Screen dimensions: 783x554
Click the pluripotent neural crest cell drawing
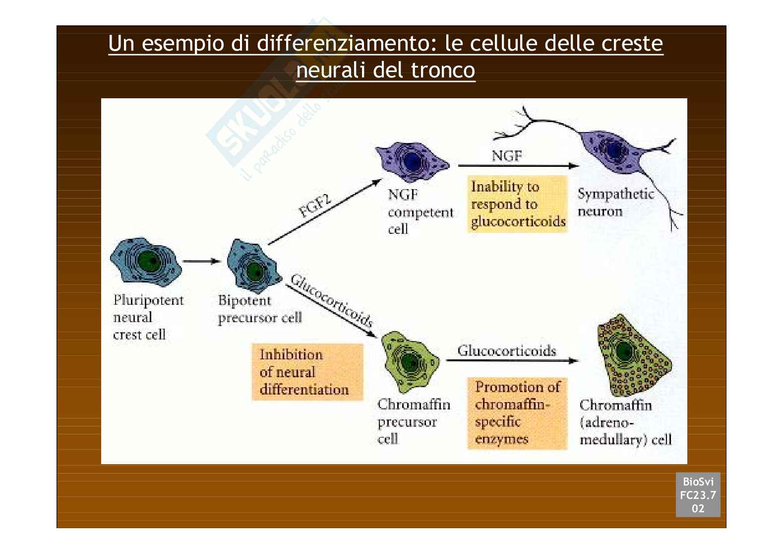point(146,260)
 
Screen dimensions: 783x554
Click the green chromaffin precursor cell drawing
point(410,362)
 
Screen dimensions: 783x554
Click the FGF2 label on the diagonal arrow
point(314,206)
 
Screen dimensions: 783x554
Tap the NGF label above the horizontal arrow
point(507,156)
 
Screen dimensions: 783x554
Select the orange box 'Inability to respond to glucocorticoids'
point(517,204)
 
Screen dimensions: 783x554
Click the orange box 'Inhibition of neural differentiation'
point(307,372)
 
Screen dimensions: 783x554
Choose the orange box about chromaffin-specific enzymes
point(517,414)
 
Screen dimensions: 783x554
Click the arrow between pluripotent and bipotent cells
point(202,261)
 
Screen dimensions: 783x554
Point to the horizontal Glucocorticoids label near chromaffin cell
point(507,350)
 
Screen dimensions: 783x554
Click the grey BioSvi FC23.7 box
point(698,495)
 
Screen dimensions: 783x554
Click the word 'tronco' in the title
point(443,70)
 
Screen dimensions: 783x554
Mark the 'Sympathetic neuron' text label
point(615,203)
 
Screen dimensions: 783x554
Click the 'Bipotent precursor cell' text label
point(260,309)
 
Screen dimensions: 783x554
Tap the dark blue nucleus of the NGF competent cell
point(413,161)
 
